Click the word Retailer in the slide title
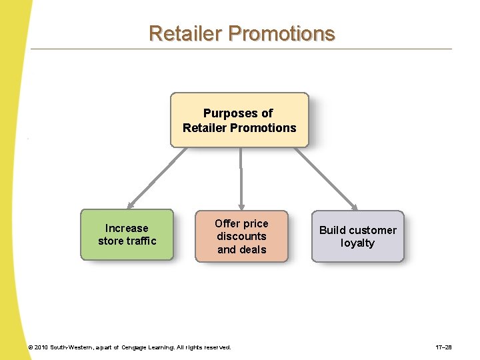[185, 33]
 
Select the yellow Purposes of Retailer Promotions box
[239, 120]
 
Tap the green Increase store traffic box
[127, 234]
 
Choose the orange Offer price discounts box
[241, 237]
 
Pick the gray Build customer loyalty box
[357, 237]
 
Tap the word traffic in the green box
[142, 241]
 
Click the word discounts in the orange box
[241, 236]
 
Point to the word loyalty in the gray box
[357, 243]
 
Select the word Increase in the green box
[127, 228]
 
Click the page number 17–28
[444, 347]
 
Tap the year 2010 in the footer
[42, 347]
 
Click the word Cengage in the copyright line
[136, 347]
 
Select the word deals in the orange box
[251, 249]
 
